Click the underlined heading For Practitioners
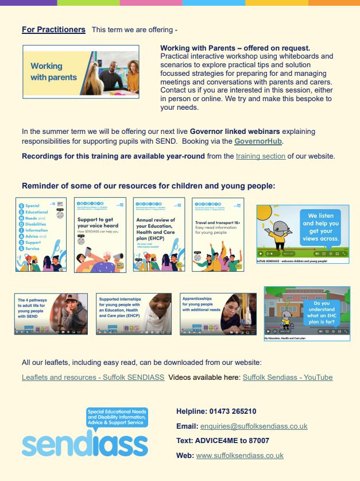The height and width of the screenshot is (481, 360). (53, 29)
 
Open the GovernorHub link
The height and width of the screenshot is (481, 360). (258, 141)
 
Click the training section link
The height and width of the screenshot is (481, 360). (260, 156)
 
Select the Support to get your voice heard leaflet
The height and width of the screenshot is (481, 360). (100, 234)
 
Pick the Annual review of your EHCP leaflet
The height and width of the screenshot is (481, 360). (158, 234)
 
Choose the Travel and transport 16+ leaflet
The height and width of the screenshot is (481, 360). (218, 234)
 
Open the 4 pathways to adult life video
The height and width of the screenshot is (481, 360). (51, 314)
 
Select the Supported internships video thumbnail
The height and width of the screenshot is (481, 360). (133, 314)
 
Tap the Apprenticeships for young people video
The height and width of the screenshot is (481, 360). (218, 314)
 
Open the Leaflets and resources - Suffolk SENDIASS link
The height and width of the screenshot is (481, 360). (93, 378)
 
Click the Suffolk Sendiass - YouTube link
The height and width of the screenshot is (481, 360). (287, 378)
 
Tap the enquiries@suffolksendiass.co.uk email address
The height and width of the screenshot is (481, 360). (253, 426)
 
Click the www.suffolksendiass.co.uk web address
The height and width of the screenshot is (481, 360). (239, 456)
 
